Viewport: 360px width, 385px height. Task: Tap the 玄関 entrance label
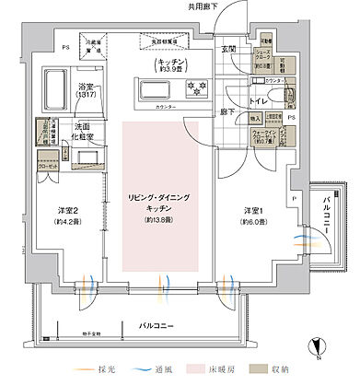226,49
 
